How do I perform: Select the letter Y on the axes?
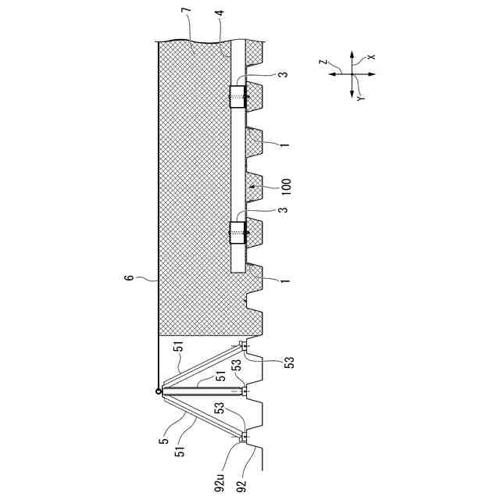362,98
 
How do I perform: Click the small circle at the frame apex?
159,391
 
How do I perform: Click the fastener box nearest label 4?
237,98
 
